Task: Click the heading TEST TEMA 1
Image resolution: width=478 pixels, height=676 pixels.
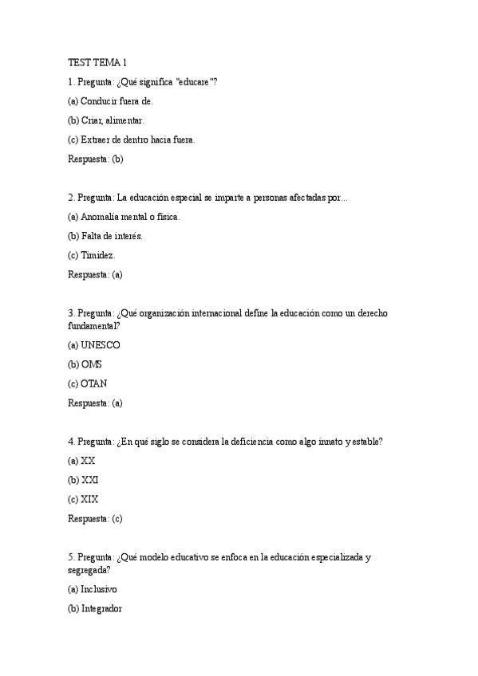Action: click(97, 62)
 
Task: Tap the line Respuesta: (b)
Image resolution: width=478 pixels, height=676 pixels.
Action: click(96, 159)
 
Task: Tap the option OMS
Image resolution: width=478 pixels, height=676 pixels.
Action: click(85, 364)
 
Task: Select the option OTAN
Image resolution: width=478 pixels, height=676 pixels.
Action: click(88, 383)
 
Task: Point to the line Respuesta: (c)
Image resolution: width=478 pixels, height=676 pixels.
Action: click(96, 518)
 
